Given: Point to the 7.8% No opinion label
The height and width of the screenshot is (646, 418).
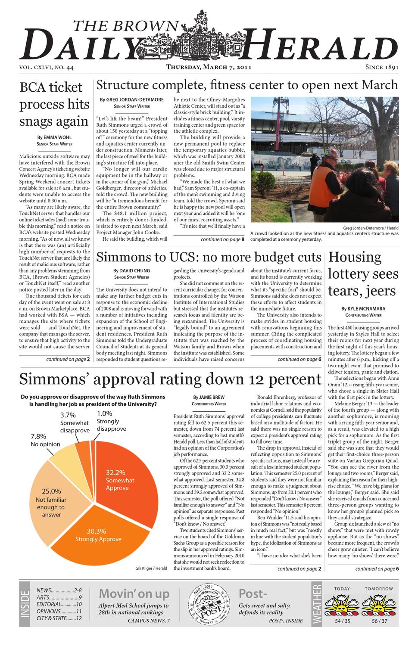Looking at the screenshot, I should click(45, 440).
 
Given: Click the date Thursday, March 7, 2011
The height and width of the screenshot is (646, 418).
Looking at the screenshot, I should click(209, 67).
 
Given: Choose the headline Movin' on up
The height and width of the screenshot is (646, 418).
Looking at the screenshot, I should click(134, 593).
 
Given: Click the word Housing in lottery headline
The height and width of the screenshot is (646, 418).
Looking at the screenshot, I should click(355, 257).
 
